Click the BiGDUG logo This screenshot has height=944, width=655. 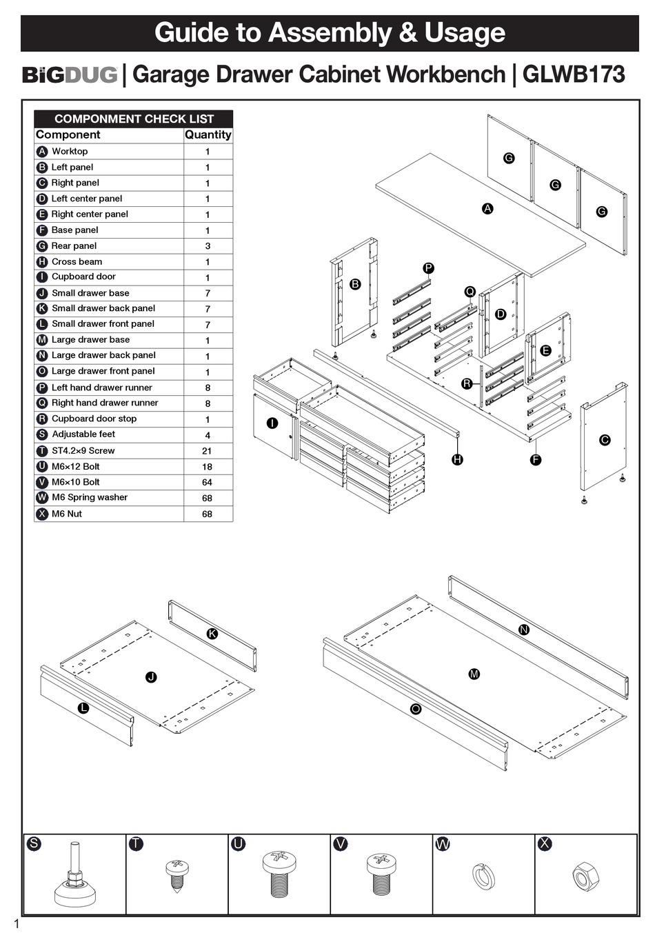click(x=70, y=74)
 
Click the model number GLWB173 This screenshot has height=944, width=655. click(x=574, y=74)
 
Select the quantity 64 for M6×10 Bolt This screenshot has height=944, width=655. click(x=207, y=482)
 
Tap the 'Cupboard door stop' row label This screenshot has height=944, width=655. click(x=94, y=419)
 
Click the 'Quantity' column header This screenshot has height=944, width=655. click(x=208, y=135)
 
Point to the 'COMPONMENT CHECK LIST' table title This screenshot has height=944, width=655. click(x=134, y=119)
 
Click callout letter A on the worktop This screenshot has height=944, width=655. click(x=487, y=208)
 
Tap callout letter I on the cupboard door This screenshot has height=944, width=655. click(x=272, y=423)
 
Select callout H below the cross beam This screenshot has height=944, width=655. click(x=457, y=459)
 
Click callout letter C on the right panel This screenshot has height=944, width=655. click(x=605, y=440)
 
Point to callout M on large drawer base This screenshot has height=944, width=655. click(x=474, y=674)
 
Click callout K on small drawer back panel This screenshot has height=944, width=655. click(x=212, y=634)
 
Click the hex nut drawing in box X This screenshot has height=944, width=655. click(x=585, y=877)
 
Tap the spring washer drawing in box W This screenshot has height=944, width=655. click(x=483, y=876)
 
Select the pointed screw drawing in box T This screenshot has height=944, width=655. click(x=177, y=876)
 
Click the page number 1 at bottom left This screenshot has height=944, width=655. click(x=17, y=925)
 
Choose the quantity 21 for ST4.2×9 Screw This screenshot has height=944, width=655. click(x=207, y=451)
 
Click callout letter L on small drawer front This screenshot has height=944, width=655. click(x=83, y=708)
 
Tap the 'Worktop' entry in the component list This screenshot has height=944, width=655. click(x=70, y=151)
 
